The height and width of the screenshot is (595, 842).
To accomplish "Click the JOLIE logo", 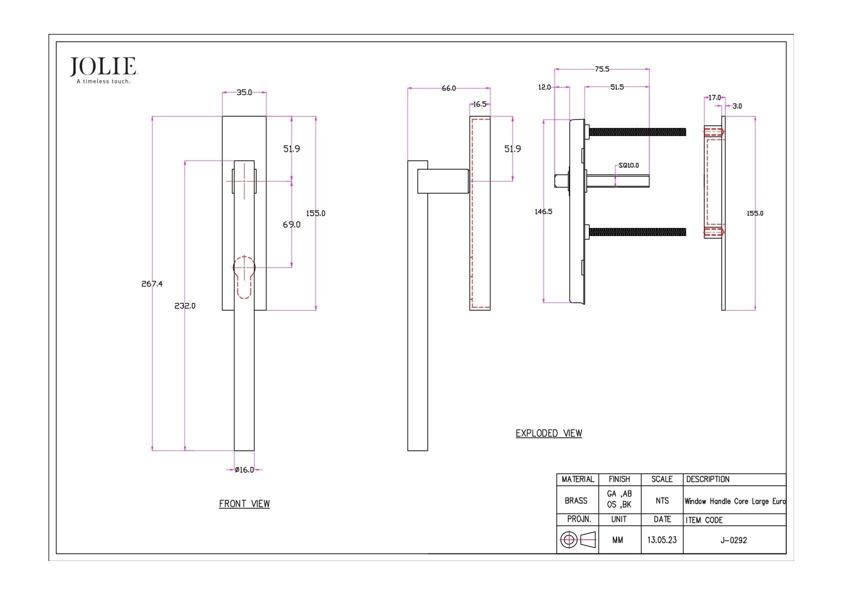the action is click(103, 70).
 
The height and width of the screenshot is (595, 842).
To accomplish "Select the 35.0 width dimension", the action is click(244, 92).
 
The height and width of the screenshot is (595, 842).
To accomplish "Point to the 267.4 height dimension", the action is click(152, 284).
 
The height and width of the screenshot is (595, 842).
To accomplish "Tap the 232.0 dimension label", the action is click(184, 306).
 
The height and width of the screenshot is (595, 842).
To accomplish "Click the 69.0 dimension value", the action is click(291, 225).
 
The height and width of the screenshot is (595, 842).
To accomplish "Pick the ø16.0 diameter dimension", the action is click(244, 470).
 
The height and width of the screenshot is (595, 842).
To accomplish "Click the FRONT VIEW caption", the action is click(244, 503).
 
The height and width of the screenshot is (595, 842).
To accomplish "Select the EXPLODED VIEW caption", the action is click(549, 433).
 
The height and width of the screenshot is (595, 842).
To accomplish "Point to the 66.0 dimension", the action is click(448, 88).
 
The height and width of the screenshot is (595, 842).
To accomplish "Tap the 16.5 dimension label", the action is click(479, 104).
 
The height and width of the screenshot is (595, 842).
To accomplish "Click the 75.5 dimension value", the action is click(602, 69).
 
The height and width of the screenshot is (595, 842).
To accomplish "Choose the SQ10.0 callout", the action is click(629, 165).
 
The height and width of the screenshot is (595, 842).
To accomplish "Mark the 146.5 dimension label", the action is click(543, 211).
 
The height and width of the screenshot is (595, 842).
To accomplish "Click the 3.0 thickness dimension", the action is click(737, 106).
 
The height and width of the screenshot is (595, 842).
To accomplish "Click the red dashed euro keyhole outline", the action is click(244, 277).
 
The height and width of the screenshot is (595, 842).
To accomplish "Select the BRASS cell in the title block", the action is click(576, 500).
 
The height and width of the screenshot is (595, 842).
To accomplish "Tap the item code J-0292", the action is click(733, 540).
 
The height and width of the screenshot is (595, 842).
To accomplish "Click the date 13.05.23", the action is click(662, 540).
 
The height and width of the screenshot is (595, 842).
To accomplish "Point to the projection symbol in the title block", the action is click(577, 540).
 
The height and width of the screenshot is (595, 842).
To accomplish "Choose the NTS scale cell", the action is click(662, 500).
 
